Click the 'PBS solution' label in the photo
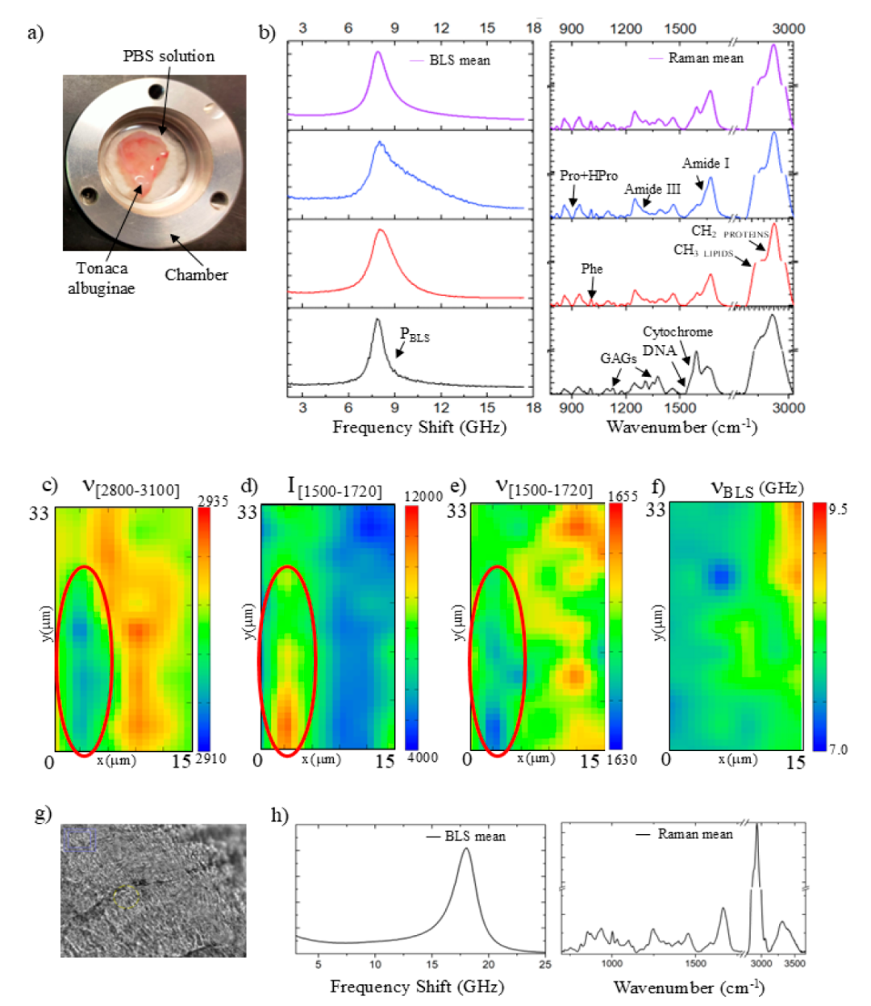(169, 56)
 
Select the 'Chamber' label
(196, 275)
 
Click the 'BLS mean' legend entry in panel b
(459, 61)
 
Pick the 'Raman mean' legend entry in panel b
(706, 58)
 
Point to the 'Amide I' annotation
(706, 164)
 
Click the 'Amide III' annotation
(652, 190)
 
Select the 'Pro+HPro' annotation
(589, 176)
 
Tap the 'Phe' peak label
(592, 269)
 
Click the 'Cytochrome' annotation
(677, 332)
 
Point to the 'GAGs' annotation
(619, 359)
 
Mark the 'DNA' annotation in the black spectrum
(659, 351)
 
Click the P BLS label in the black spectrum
(415, 336)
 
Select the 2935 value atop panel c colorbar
(213, 502)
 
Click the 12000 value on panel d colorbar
(424, 497)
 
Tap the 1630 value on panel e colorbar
(623, 759)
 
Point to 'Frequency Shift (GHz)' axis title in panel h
(417, 987)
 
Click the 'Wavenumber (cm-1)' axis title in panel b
(681, 427)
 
